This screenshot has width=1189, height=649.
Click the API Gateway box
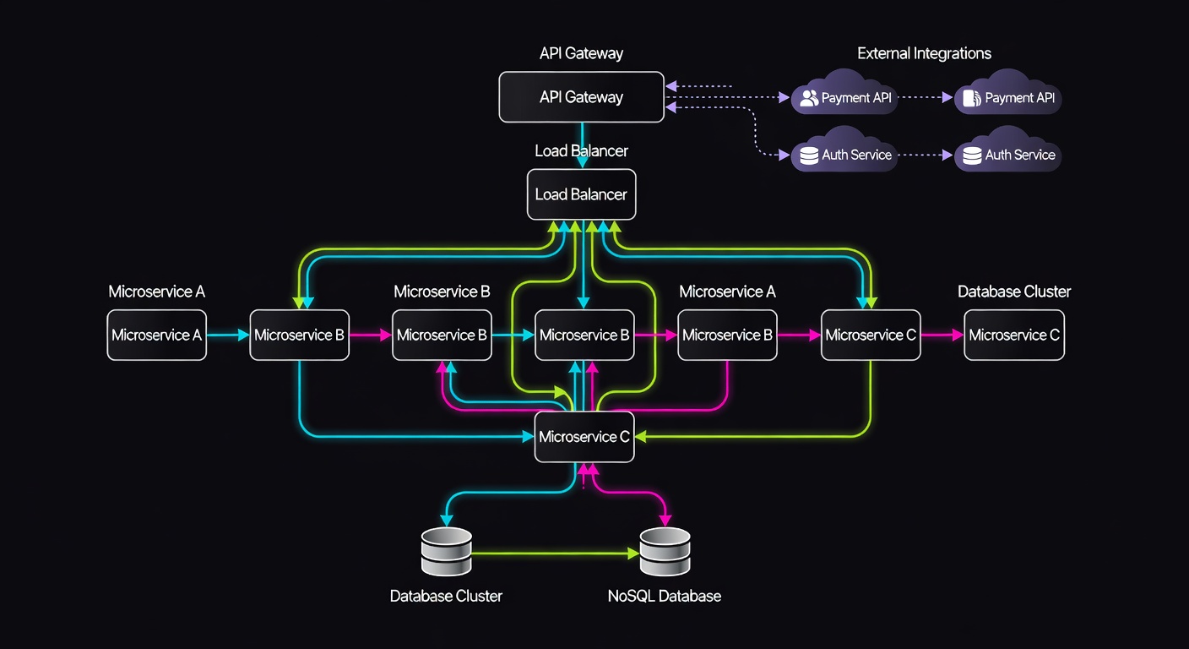[581, 97]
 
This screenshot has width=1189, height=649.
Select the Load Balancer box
[581, 194]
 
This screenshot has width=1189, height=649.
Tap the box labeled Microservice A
[156, 335]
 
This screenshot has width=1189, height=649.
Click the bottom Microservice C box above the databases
[584, 437]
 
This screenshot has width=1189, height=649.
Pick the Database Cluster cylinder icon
[446, 553]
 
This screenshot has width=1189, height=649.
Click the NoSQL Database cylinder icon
[665, 553]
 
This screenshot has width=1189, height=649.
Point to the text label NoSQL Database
[664, 596]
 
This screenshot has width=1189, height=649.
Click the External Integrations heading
[924, 53]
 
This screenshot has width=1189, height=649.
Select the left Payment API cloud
[844, 95]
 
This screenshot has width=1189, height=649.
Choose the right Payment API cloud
[1008, 95]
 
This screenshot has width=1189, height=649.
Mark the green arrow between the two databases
[554, 554]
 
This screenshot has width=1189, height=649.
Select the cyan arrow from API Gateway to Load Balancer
[582, 144]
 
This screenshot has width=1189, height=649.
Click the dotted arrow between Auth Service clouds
[926, 155]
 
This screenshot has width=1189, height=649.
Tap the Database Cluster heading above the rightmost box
[1013, 292]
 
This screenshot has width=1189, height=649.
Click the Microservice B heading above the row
[442, 292]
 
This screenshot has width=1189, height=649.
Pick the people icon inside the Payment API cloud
[809, 98]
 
